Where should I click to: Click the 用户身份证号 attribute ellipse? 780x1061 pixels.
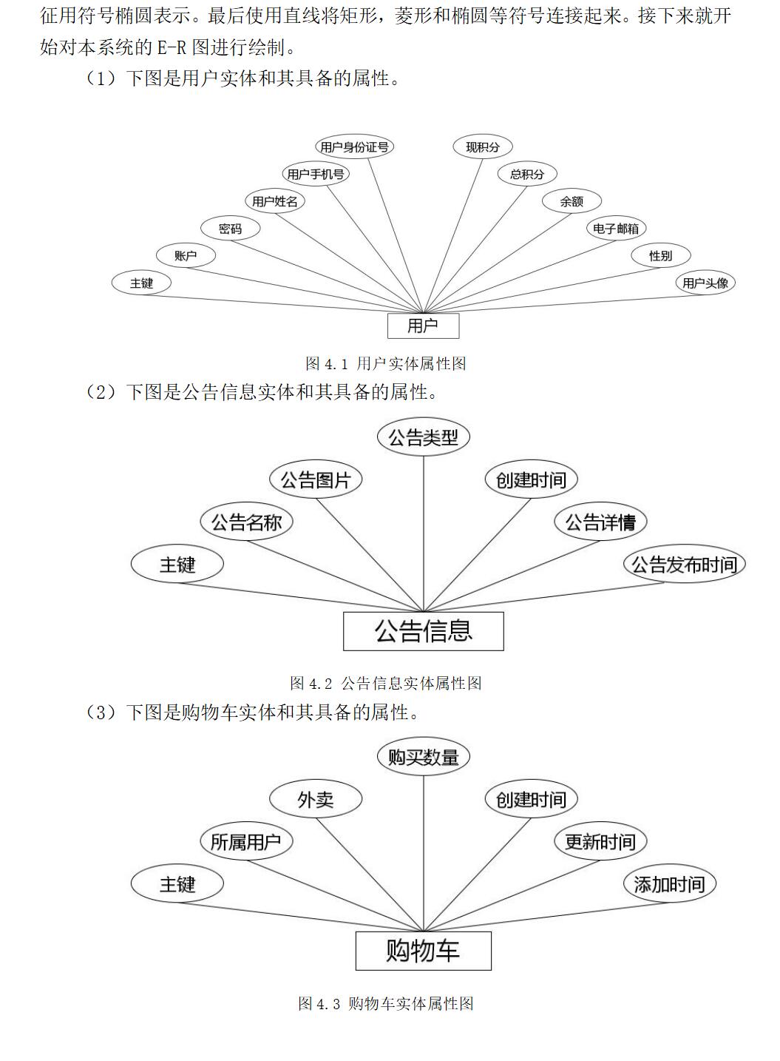click(x=354, y=147)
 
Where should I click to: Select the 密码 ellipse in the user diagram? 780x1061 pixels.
click(x=231, y=229)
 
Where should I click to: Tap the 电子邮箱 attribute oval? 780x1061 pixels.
click(x=615, y=229)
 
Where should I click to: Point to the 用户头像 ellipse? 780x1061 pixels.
click(x=705, y=283)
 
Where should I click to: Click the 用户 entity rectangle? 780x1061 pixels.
click(x=423, y=326)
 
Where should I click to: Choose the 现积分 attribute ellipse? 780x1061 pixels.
click(x=483, y=147)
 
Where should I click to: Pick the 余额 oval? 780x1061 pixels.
click(x=572, y=201)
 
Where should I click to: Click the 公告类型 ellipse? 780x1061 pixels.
click(x=424, y=437)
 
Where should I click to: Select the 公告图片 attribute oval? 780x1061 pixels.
click(x=316, y=479)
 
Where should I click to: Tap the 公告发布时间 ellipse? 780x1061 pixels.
click(x=685, y=565)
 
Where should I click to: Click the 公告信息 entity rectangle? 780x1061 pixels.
click(x=423, y=631)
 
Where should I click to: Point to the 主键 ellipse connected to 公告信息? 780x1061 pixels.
click(x=177, y=565)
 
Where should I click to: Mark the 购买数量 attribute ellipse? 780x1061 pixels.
click(x=424, y=757)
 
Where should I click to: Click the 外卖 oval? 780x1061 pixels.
click(x=316, y=800)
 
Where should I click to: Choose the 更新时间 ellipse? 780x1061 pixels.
click(x=600, y=842)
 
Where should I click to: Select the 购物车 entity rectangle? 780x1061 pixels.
click(x=423, y=951)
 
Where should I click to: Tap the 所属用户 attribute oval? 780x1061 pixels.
click(x=246, y=842)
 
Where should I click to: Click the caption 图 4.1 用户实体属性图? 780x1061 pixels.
click(x=385, y=363)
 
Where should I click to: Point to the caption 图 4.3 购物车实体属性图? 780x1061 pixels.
click(x=385, y=1003)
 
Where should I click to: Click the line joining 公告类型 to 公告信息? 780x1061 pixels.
click(x=424, y=533)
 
